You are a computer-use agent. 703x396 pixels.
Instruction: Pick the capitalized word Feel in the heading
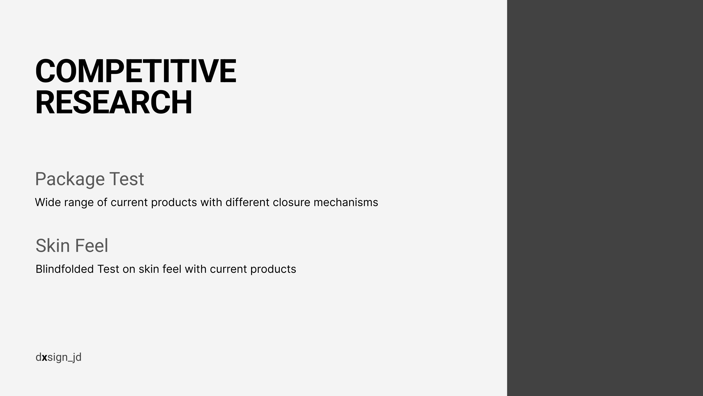(x=91, y=245)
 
